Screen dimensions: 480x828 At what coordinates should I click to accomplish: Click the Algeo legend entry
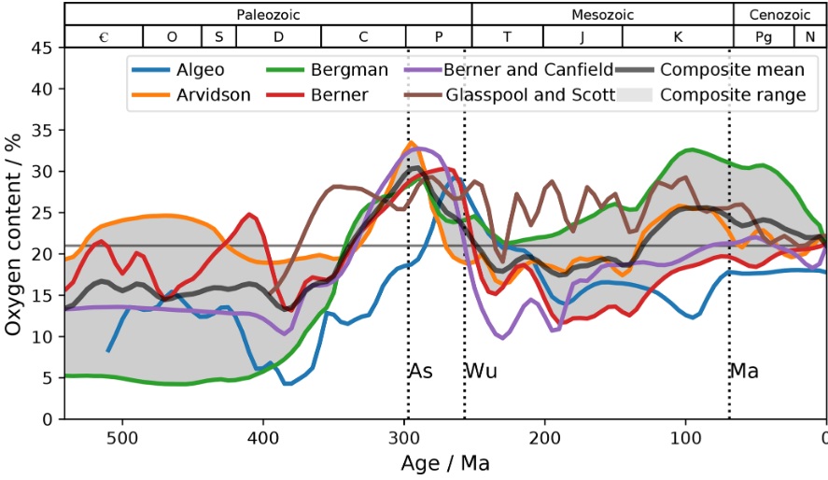(x=201, y=69)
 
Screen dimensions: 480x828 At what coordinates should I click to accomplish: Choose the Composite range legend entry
(x=731, y=94)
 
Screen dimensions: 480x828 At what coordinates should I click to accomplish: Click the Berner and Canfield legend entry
(x=528, y=69)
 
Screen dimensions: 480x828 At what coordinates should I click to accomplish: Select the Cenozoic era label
(x=779, y=14)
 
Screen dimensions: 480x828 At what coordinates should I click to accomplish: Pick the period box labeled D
(x=278, y=36)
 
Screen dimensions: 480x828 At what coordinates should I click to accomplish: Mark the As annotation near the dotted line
(x=421, y=371)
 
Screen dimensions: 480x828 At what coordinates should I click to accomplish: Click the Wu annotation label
(x=481, y=371)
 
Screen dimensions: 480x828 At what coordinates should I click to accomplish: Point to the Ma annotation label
(x=744, y=371)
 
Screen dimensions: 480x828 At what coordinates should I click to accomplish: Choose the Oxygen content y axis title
(x=13, y=233)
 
